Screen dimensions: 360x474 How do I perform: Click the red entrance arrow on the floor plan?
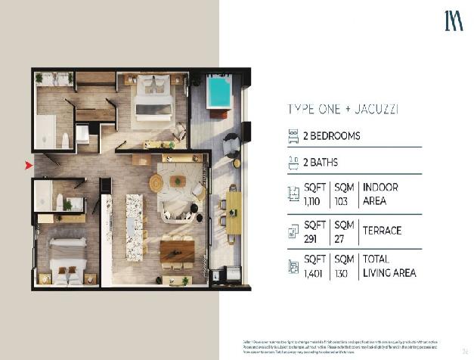[x=29, y=165]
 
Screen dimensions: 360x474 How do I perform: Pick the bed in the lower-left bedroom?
[x=67, y=260]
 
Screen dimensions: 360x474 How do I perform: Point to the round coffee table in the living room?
[x=156, y=183]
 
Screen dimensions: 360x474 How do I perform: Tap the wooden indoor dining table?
[x=178, y=250]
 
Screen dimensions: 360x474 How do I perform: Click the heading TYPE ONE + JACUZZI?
[x=343, y=109]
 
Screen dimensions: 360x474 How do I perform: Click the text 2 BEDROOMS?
[x=332, y=137]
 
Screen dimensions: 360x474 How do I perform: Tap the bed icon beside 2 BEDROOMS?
[x=293, y=137]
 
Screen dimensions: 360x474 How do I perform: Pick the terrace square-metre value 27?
[x=339, y=237]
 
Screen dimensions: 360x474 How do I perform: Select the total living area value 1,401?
[x=314, y=273]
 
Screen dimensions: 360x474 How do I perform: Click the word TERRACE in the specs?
[x=382, y=231]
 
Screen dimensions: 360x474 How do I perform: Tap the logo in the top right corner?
[x=453, y=21]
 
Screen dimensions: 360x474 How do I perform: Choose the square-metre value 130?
[x=342, y=273]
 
